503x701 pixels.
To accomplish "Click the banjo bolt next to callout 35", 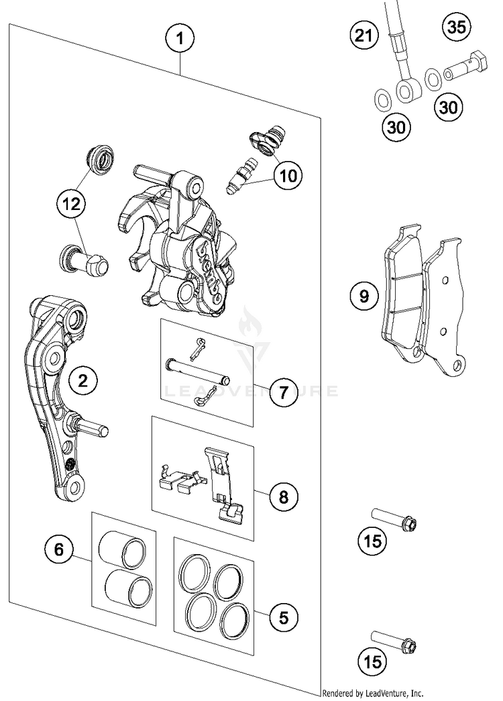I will pyautogui.click(x=464, y=67).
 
